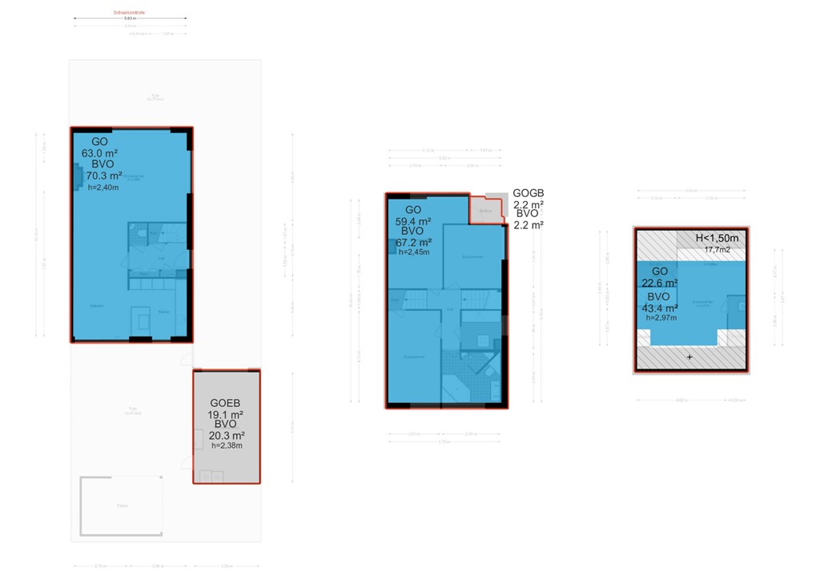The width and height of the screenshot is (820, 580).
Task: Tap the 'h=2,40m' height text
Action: [x=102, y=187]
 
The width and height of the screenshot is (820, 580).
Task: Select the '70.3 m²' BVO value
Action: [x=104, y=175]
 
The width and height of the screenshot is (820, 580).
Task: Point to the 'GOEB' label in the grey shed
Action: [x=225, y=403]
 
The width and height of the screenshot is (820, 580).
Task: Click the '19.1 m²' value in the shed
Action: [x=225, y=414]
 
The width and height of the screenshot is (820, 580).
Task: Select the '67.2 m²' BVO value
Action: [x=413, y=242]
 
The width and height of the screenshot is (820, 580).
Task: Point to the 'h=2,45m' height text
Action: [x=415, y=252]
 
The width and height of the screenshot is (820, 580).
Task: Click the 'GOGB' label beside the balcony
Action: [x=528, y=194]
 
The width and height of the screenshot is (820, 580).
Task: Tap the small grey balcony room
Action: [x=485, y=211]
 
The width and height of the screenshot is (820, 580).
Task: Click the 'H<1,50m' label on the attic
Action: [x=717, y=238]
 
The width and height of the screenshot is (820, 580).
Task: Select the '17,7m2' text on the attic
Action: [x=717, y=249]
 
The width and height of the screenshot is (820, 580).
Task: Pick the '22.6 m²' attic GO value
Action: [x=658, y=283]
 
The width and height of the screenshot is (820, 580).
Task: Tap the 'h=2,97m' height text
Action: [x=661, y=318]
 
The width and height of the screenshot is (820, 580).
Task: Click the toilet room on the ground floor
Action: [x=139, y=234]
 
